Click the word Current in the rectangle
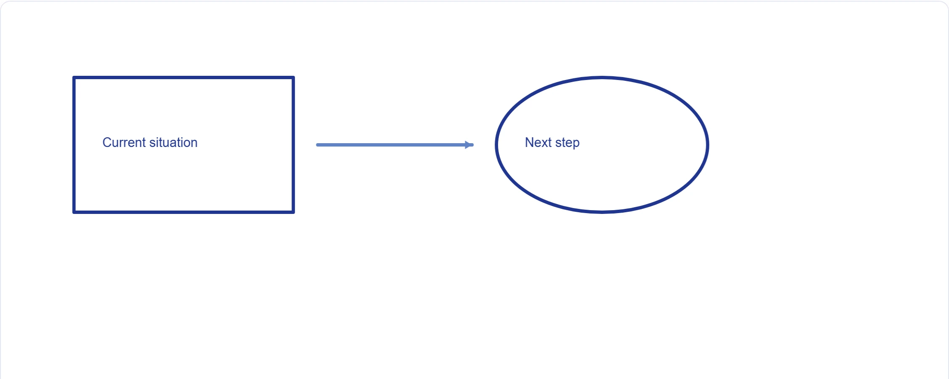click(124, 142)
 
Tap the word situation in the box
click(173, 142)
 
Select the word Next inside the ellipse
click(538, 142)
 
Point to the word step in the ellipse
click(567, 143)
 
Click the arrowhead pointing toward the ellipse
click(469, 145)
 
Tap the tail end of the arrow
click(318, 145)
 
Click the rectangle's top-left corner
click(74, 77)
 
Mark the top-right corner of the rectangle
click(293, 77)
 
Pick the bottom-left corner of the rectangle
click(74, 212)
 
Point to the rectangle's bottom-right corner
click(293, 212)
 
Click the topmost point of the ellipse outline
click(602, 77)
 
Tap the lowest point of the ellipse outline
click(602, 212)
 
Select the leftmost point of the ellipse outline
click(496, 145)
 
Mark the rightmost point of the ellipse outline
click(708, 145)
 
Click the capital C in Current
click(107, 142)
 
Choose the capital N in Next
click(529, 142)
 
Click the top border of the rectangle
click(183, 77)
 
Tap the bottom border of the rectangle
click(183, 212)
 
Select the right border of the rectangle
click(293, 145)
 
